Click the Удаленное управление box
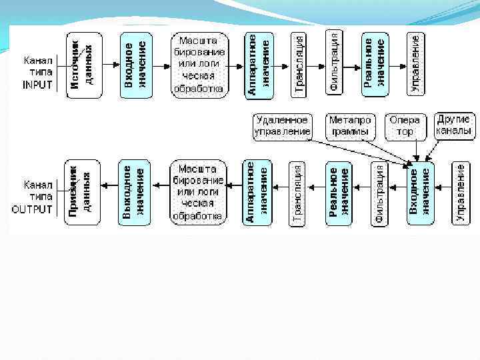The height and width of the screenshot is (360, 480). point(283,125)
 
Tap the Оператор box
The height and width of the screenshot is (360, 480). point(405,125)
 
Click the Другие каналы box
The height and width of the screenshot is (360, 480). point(455,125)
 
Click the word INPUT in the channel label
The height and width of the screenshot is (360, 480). point(37,85)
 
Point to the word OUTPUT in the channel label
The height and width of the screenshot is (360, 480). point(32,209)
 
